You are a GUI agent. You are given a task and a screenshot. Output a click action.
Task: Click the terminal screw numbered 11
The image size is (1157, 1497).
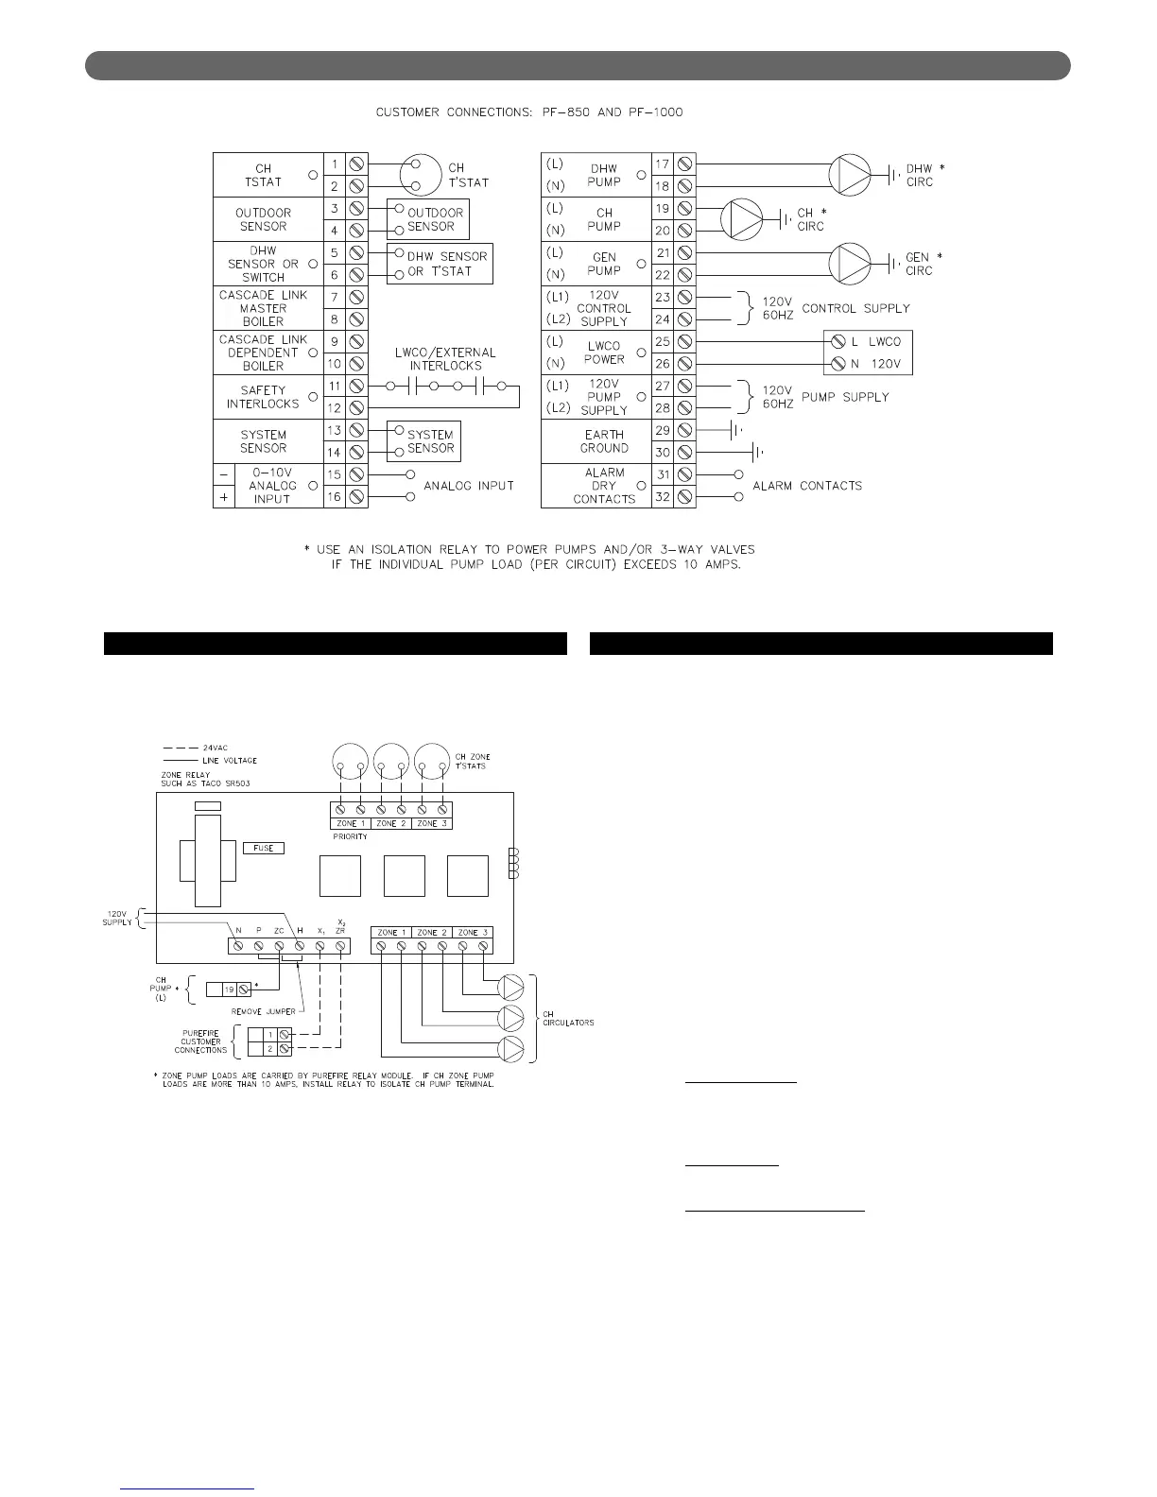click(x=357, y=387)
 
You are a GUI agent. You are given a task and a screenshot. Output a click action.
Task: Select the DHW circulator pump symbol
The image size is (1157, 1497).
click(x=849, y=174)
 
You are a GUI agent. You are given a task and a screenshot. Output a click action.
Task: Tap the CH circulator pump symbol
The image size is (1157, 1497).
click(x=740, y=218)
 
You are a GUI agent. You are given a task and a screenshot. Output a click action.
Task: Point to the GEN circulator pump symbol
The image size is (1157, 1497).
click(x=849, y=263)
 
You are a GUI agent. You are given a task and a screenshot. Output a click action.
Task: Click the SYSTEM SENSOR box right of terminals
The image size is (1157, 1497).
click(x=424, y=441)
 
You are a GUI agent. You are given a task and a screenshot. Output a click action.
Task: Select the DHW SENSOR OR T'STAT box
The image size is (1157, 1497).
click(x=440, y=264)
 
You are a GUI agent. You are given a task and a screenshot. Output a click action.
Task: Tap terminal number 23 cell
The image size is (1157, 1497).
click(x=663, y=298)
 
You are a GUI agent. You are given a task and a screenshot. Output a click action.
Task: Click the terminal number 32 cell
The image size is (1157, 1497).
click(x=663, y=497)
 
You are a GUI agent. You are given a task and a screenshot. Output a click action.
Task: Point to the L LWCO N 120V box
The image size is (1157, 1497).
click(x=868, y=353)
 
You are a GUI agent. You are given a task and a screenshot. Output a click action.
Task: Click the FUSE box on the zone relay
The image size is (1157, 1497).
click(x=264, y=848)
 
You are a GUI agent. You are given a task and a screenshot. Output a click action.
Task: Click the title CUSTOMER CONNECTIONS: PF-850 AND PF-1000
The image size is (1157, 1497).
click(x=529, y=112)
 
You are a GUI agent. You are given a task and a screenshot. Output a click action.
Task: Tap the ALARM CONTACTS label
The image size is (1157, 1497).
click(x=807, y=486)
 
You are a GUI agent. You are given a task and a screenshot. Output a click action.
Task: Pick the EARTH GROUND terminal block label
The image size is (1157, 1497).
click(x=604, y=441)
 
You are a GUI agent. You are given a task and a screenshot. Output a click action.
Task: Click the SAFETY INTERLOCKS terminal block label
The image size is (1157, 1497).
click(x=263, y=397)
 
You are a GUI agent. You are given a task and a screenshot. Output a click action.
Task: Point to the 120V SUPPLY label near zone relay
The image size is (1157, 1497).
click(x=118, y=918)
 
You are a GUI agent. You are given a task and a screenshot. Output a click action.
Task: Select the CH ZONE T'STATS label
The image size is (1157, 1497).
click(x=472, y=761)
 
